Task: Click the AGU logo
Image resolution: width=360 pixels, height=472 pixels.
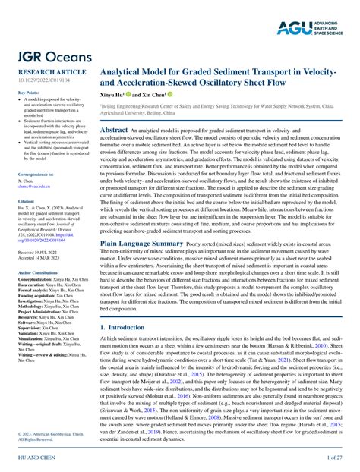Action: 314,29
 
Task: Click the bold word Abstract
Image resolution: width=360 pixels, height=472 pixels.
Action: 113,131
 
